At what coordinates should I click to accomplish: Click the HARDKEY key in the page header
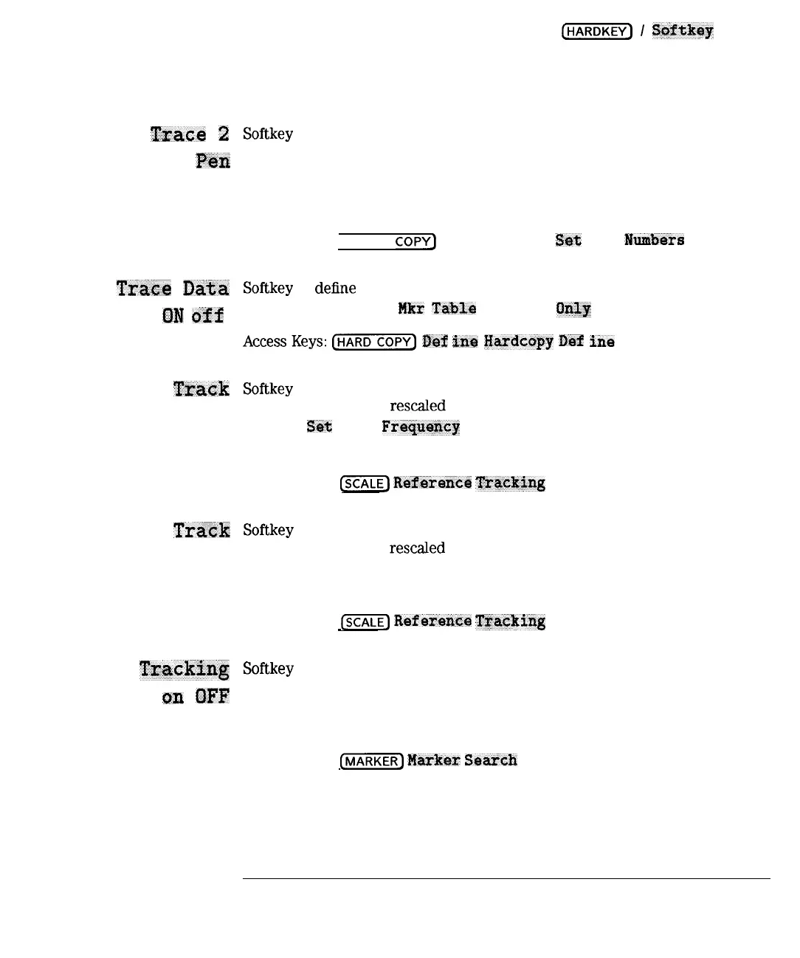[x=597, y=31]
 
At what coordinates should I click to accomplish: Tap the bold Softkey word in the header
[x=683, y=30]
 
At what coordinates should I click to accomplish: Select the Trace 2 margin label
[x=190, y=134]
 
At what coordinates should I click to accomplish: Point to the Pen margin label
[x=213, y=161]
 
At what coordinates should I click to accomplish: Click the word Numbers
[x=654, y=240]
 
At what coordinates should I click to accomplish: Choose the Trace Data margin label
[x=172, y=289]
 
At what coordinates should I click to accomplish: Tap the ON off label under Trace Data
[x=192, y=316]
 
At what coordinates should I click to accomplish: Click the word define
[x=335, y=288]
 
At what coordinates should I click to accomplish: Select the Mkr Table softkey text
[x=437, y=309]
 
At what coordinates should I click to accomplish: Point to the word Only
[x=573, y=309]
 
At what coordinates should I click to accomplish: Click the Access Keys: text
[x=285, y=342]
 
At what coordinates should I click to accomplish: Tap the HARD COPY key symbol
[x=374, y=342]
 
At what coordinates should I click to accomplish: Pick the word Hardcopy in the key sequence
[x=518, y=342]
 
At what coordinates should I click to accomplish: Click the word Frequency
[x=421, y=427]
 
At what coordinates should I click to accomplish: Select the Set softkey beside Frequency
[x=320, y=427]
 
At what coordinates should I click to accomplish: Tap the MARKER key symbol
[x=371, y=761]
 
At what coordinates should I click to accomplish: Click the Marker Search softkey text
[x=462, y=760]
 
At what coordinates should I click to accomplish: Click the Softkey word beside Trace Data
[x=268, y=288]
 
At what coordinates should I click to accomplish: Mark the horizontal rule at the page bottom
[x=506, y=879]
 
